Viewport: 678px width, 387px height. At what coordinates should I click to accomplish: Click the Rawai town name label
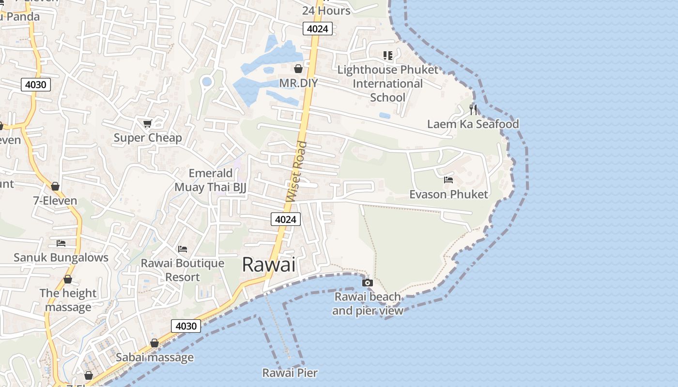[x=268, y=265]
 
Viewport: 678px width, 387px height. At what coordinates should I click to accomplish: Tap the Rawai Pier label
[x=290, y=372]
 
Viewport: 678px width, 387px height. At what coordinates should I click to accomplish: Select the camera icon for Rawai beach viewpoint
[x=368, y=283]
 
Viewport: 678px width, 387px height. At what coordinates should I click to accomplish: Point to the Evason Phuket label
[x=448, y=194]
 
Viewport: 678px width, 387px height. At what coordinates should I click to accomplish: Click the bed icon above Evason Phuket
[x=448, y=180]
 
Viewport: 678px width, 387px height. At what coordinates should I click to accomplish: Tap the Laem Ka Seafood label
[x=473, y=124]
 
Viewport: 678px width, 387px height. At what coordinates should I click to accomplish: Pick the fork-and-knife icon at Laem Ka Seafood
[x=473, y=110]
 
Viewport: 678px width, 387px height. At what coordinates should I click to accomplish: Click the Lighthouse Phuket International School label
[x=387, y=84]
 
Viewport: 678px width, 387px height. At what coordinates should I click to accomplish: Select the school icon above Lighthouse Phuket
[x=387, y=56]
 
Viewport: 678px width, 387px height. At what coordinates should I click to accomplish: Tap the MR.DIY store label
[x=298, y=83]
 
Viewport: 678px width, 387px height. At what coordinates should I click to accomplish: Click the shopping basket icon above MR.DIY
[x=298, y=69]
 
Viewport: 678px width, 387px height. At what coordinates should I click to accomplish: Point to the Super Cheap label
[x=148, y=138]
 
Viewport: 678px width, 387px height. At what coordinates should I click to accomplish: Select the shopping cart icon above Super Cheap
[x=148, y=124]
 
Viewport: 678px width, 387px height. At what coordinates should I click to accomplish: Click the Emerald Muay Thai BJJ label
[x=211, y=180]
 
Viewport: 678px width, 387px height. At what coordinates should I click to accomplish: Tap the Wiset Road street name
[x=296, y=171]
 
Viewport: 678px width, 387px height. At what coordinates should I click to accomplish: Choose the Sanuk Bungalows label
[x=61, y=257]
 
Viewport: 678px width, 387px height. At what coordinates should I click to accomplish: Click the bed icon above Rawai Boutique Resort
[x=183, y=249]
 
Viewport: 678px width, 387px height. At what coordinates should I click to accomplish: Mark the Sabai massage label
[x=154, y=357]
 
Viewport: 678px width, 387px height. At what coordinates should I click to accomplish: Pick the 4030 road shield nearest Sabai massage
[x=186, y=326]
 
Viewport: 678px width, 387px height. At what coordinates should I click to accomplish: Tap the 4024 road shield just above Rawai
[x=285, y=220]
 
